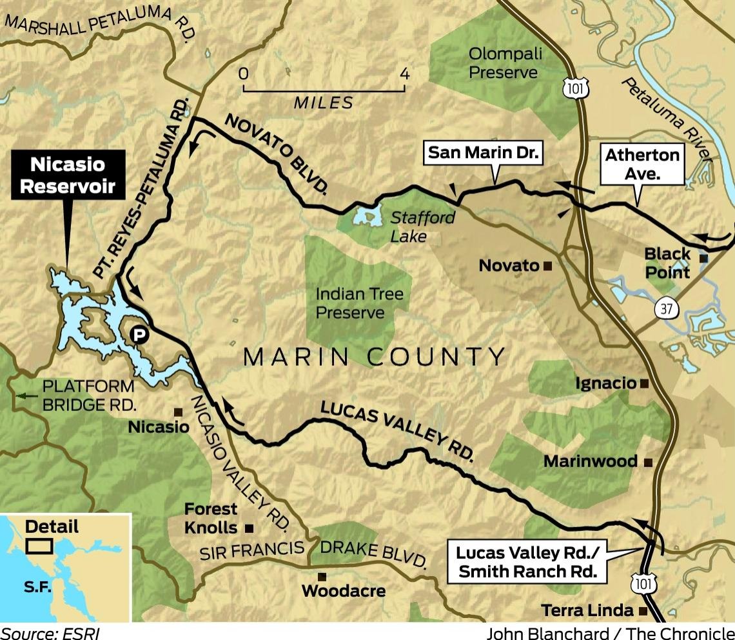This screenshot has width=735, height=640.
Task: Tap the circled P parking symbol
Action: point(137,334)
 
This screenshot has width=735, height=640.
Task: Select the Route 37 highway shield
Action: point(667,309)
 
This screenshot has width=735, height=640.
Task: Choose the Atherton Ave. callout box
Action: point(642,164)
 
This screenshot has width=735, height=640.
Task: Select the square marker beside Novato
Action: point(547,266)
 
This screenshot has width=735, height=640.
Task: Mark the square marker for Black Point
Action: point(704,258)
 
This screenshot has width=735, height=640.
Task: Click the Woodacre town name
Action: point(343,591)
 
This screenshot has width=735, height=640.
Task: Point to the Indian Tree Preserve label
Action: point(359,303)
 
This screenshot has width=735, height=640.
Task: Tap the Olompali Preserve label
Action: point(503,63)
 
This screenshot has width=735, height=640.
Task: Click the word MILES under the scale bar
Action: point(324,103)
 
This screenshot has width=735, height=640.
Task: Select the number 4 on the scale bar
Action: point(404,74)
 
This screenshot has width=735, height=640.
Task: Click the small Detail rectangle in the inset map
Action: point(39,546)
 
